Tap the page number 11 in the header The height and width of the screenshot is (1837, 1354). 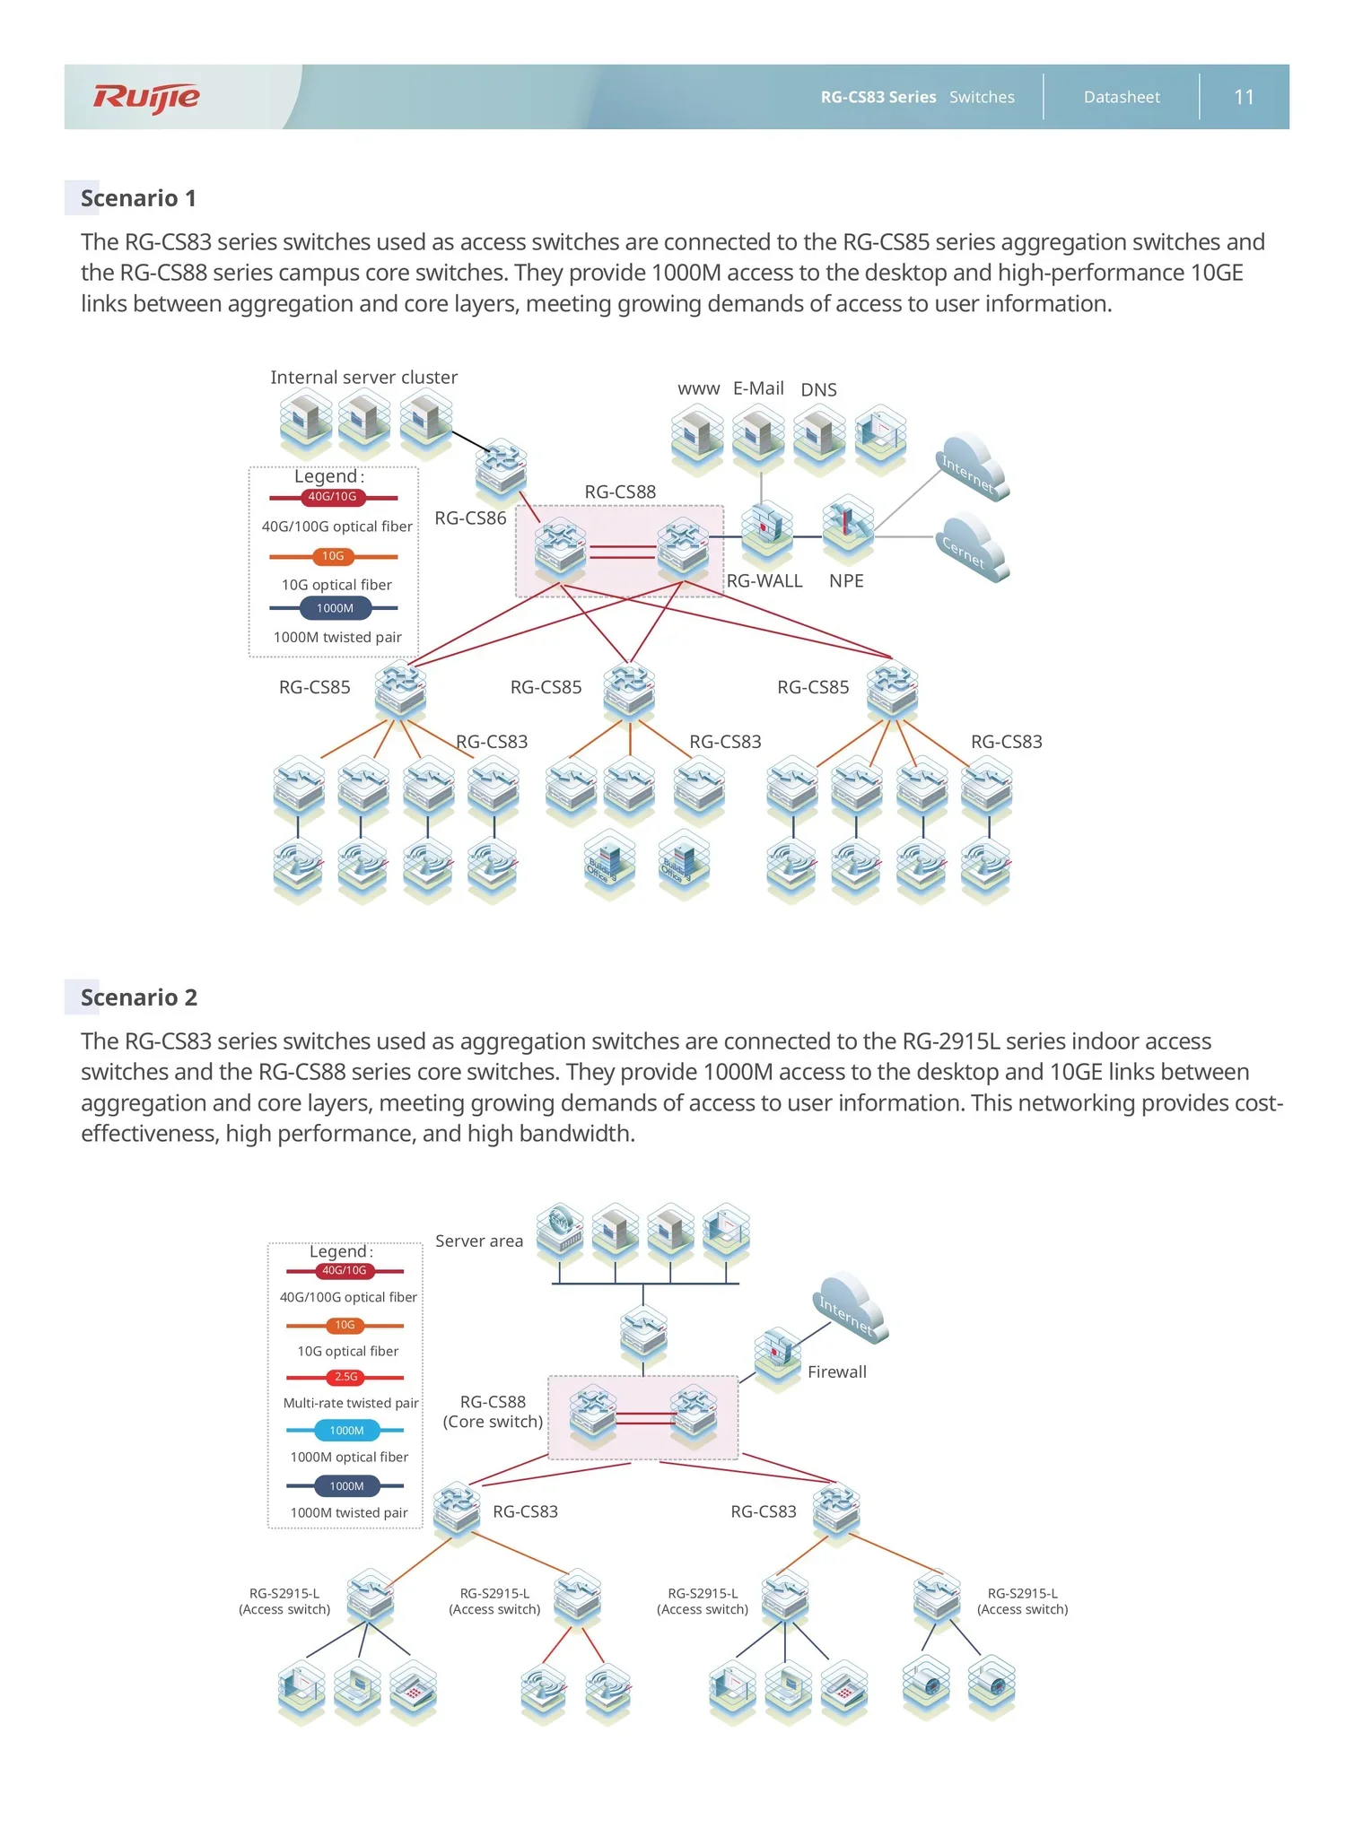[x=1244, y=97]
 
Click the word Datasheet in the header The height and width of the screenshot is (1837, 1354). [x=1122, y=97]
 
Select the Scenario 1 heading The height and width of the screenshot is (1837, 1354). [x=138, y=198]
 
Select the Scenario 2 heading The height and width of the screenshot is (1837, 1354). [x=139, y=997]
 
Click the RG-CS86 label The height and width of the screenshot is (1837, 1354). [x=470, y=518]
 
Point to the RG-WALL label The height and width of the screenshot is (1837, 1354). [x=764, y=580]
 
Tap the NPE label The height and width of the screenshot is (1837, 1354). [x=846, y=580]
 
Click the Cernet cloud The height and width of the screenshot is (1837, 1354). [x=973, y=548]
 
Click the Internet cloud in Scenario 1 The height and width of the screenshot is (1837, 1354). [x=973, y=467]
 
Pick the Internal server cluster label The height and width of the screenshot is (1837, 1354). [x=363, y=378]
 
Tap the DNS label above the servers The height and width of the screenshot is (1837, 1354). [x=818, y=390]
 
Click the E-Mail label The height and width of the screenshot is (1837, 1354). [x=758, y=388]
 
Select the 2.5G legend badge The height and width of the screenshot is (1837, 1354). [x=345, y=1377]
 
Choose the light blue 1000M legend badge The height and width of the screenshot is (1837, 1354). [x=346, y=1431]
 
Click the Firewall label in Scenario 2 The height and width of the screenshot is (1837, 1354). [x=837, y=1371]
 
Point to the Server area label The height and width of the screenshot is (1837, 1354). [x=479, y=1241]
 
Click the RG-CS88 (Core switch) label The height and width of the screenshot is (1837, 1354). [x=493, y=1412]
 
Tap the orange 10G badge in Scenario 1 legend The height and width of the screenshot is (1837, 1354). [x=333, y=556]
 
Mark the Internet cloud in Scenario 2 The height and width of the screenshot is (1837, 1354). [x=851, y=1309]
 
